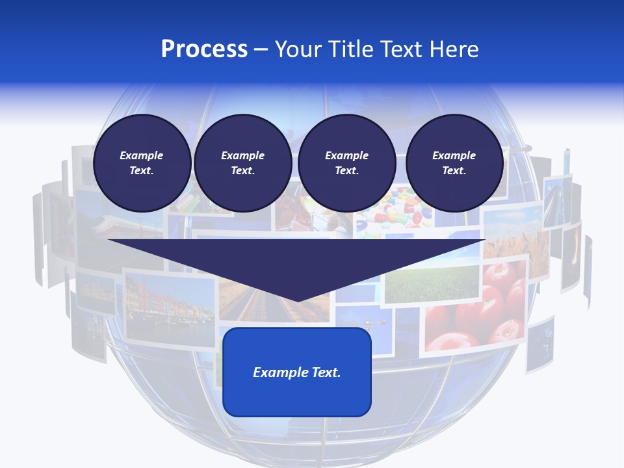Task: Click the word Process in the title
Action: coord(204,49)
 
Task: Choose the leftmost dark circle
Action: coord(142,162)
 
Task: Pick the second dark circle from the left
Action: coord(242,162)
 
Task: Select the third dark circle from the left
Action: coord(346,162)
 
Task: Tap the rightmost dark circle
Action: coord(454,162)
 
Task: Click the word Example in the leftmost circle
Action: coord(142,155)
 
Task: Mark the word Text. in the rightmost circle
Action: coord(454,171)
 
